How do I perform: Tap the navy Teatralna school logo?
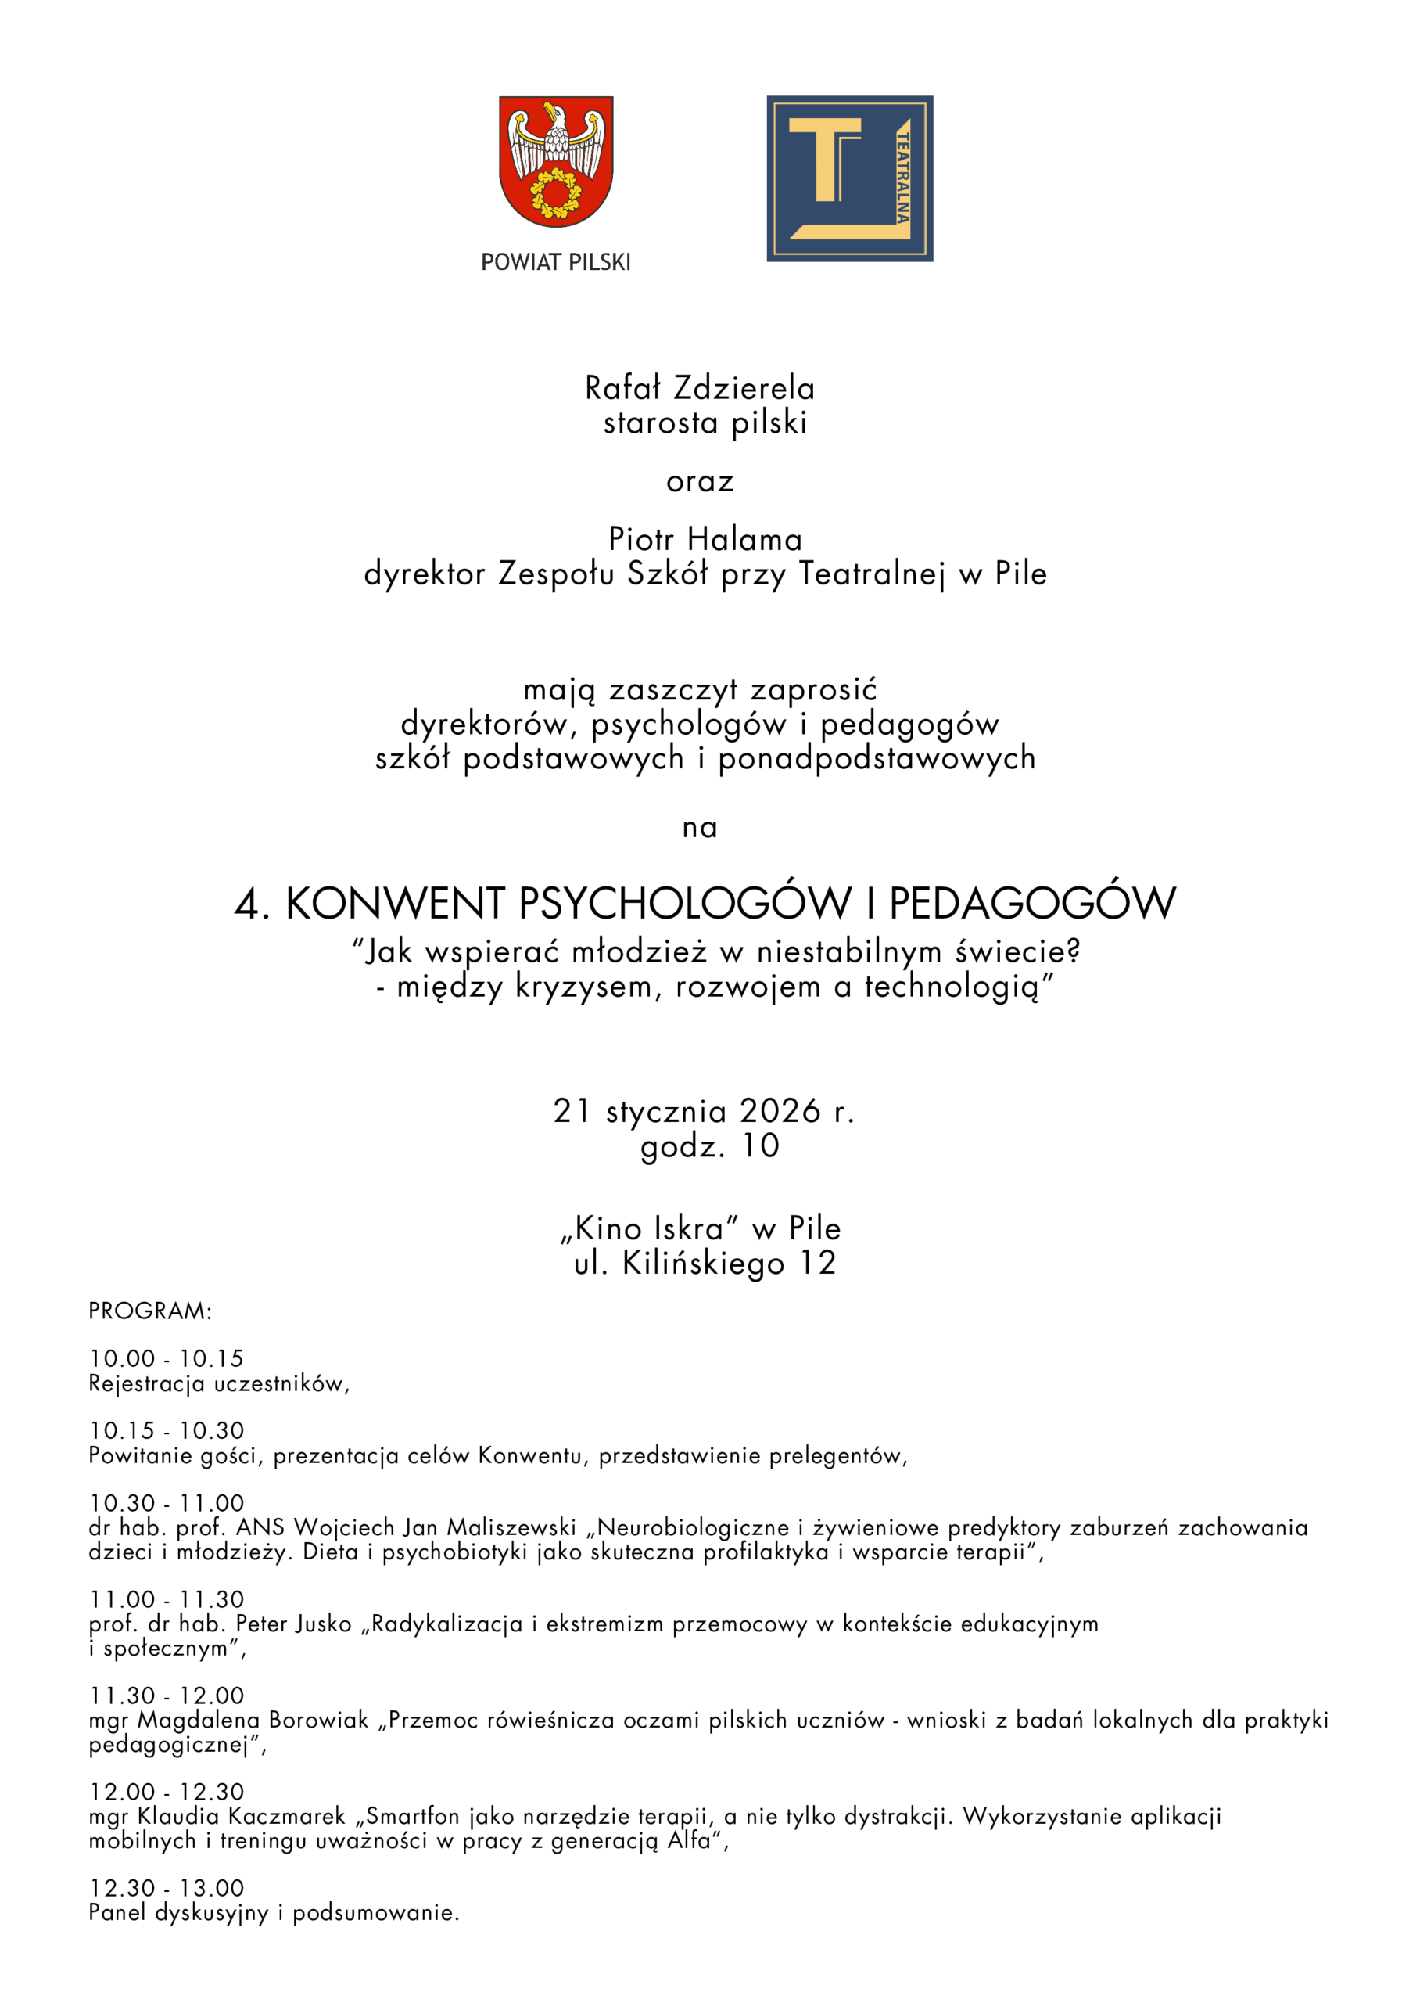click(x=849, y=178)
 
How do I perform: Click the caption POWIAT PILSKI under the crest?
click(x=555, y=262)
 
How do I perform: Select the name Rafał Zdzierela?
click(x=700, y=387)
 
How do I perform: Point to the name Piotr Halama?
click(x=705, y=539)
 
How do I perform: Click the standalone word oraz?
click(x=700, y=481)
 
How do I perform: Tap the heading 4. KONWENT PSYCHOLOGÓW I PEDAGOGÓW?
click(x=705, y=903)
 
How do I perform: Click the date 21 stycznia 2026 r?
click(x=704, y=1111)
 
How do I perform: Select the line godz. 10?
click(x=709, y=1145)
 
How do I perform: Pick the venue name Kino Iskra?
click(x=650, y=1229)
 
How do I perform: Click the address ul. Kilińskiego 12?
click(x=705, y=1263)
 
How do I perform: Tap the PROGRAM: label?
click(x=149, y=1311)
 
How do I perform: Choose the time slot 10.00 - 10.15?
click(x=166, y=1358)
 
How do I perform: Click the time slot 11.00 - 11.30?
click(x=166, y=1599)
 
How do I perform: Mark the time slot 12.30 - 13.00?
click(x=166, y=1887)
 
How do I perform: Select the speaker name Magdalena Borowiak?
click(x=253, y=1720)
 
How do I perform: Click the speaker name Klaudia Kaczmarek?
click(x=242, y=1816)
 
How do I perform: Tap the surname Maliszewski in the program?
click(x=511, y=1527)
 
